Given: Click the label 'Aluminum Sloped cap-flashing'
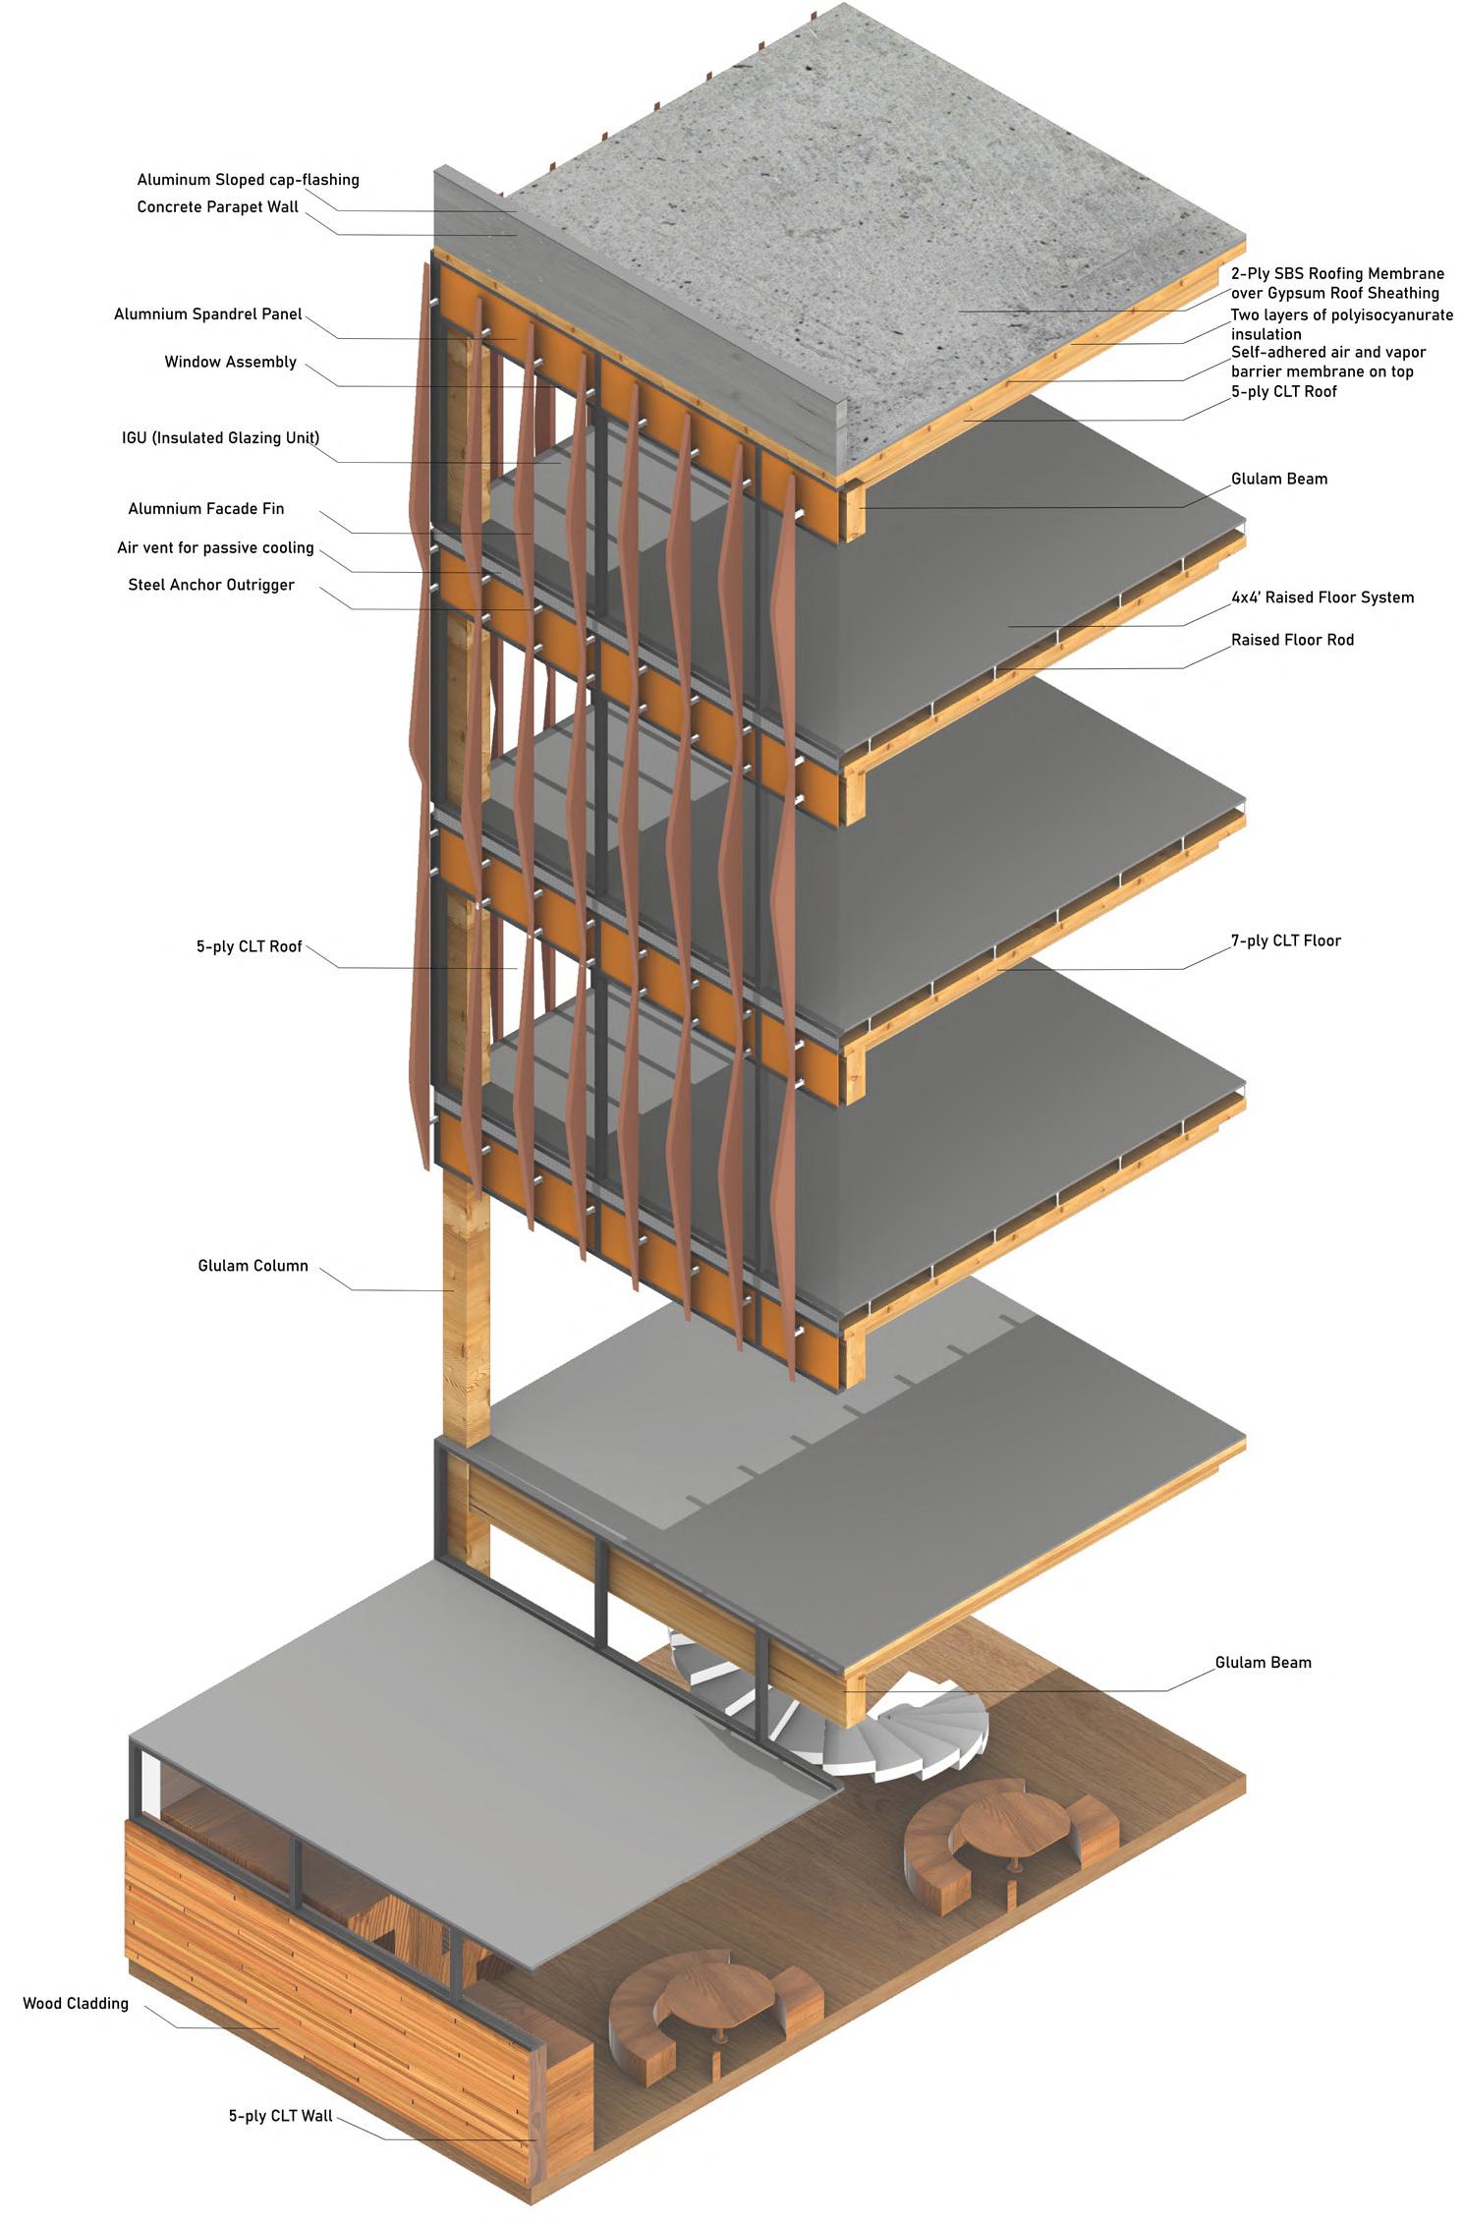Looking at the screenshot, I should [248, 180].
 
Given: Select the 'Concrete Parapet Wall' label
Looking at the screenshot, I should [217, 207].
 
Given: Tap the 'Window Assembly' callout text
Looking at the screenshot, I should [230, 363].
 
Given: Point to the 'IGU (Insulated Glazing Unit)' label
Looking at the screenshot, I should [220, 438].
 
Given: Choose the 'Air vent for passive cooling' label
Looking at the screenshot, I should [215, 548].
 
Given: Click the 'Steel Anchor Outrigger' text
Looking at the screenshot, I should [211, 586].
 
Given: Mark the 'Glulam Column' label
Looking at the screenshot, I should [253, 1266].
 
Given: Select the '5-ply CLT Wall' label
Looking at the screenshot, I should [280, 2116].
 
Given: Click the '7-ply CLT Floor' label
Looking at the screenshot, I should [1285, 941].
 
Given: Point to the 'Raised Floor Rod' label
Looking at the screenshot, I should [1292, 641].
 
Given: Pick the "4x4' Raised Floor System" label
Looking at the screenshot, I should [1322, 598].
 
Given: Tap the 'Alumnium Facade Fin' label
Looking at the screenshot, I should [205, 509].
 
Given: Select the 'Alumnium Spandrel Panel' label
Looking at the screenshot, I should [208, 315].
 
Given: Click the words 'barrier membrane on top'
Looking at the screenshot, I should [1322, 371].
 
